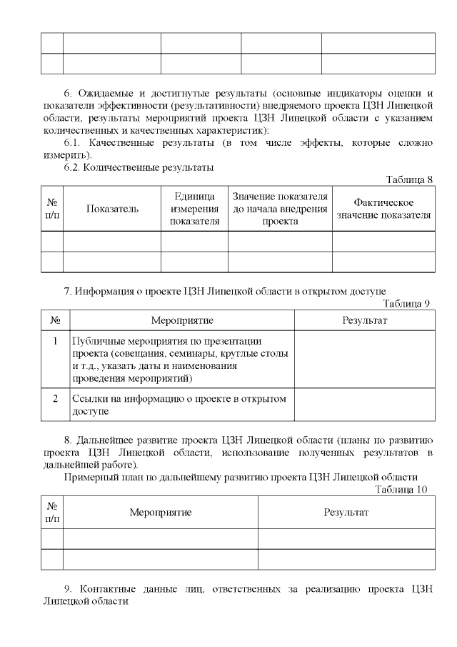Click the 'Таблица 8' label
click(x=410, y=179)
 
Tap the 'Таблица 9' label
click(x=407, y=303)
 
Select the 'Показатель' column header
click(x=112, y=209)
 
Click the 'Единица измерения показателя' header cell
click(x=194, y=209)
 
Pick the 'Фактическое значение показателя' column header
click(x=383, y=209)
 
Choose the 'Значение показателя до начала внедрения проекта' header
click(x=280, y=209)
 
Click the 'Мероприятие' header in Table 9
click(x=182, y=320)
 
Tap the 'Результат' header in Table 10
click(x=346, y=512)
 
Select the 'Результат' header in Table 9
click(x=365, y=320)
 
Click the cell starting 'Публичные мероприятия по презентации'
click(x=182, y=358)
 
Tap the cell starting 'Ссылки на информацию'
click(x=182, y=405)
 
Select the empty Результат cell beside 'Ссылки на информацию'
click(x=365, y=405)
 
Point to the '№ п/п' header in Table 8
click(x=52, y=209)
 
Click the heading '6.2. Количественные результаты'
click(x=139, y=167)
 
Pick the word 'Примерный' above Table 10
click(x=87, y=477)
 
